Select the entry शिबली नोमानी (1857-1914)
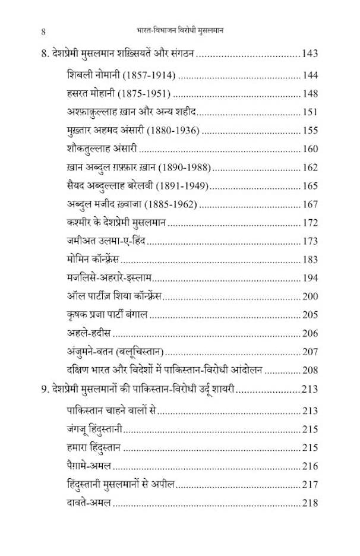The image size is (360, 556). tap(122, 75)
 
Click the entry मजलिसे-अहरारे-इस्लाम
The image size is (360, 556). tap(111, 278)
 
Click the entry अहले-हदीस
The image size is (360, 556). tap(90, 333)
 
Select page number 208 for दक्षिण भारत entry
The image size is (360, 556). tap(309, 370)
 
